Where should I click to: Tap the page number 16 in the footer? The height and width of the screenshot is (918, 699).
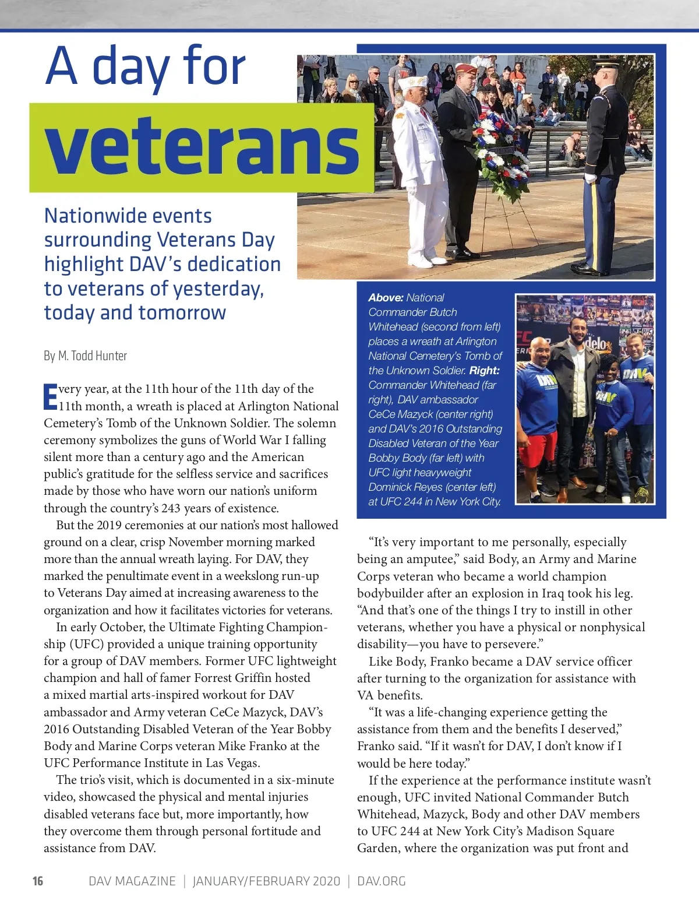coord(38,881)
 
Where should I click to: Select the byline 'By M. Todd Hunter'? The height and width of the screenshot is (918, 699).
coord(85,356)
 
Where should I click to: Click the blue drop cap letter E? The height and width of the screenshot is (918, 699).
coord(50,396)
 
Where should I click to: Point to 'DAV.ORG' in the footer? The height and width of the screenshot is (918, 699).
coord(381,881)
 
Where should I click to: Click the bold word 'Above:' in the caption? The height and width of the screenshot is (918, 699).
coord(386,297)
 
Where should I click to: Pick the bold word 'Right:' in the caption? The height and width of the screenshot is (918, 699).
coord(484,370)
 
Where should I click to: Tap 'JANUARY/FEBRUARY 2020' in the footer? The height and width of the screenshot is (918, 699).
coord(266,881)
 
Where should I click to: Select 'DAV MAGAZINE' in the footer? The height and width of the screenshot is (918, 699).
coord(132,881)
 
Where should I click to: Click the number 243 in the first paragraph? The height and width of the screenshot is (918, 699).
coord(171,508)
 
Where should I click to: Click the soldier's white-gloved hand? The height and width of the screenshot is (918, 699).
coord(591,178)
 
